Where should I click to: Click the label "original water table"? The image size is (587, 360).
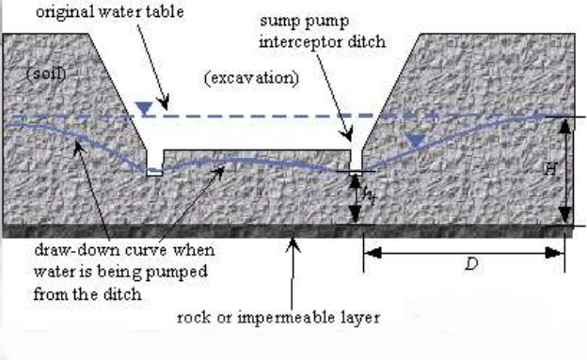110,12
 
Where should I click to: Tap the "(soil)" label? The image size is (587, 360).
46,73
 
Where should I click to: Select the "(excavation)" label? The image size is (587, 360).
251,78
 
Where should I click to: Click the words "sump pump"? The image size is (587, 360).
305,22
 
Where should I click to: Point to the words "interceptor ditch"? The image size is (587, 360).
323,41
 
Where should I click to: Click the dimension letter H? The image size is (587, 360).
550,169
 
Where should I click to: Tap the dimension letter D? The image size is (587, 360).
471,264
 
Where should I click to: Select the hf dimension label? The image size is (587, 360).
369,195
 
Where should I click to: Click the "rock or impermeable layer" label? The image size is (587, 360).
278,318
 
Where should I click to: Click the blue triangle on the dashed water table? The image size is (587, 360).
144,108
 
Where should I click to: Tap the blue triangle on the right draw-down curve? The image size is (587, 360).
416,141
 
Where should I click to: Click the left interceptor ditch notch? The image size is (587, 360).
154,164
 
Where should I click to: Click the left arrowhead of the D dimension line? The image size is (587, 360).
373,253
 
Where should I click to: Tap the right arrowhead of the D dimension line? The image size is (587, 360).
554,253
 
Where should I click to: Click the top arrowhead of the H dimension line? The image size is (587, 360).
565,127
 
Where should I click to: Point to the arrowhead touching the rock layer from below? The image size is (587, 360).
293,244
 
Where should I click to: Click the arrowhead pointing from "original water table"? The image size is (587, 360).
164,102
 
